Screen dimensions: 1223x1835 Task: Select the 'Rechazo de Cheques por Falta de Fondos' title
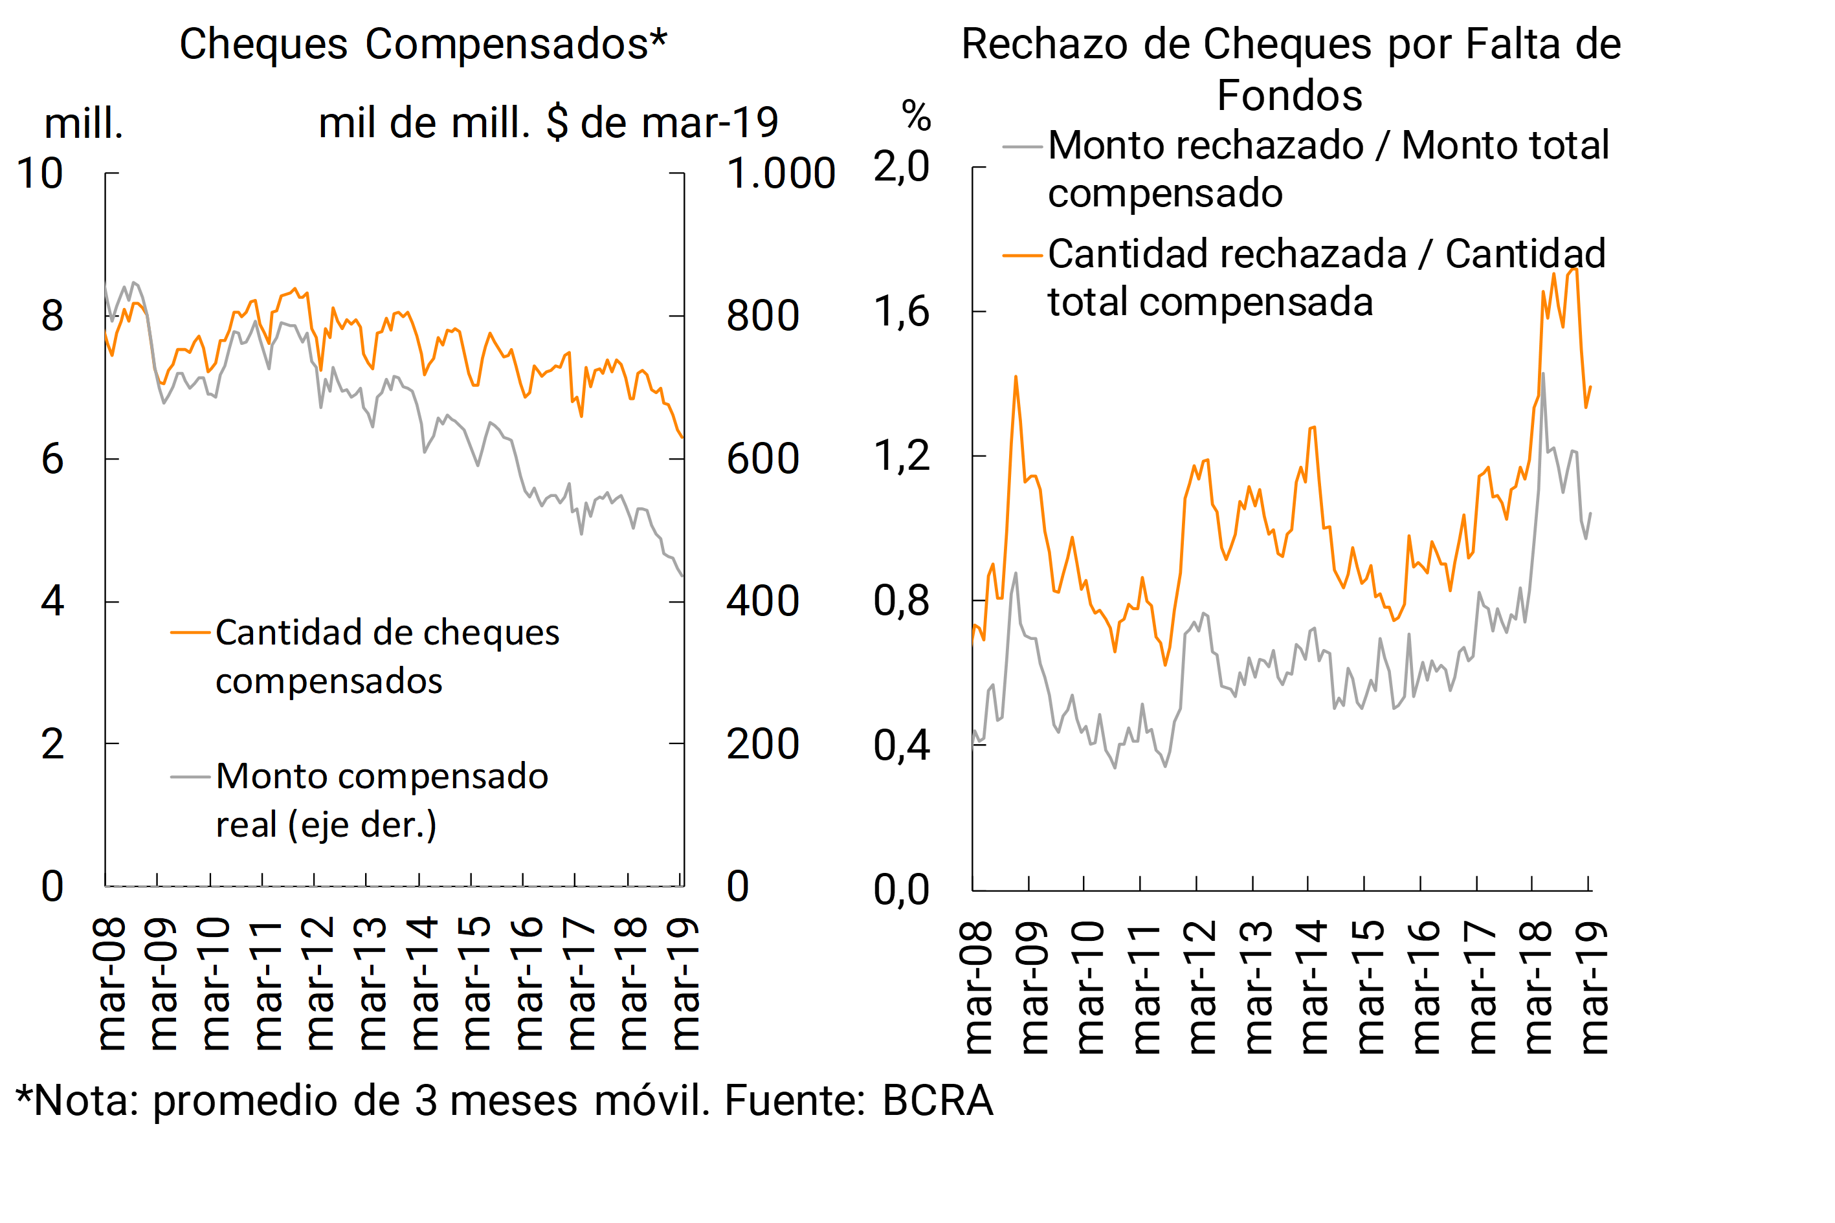coord(1291,69)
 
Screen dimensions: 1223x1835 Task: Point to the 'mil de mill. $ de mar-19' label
coord(548,123)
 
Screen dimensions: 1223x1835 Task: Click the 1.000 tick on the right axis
coord(780,173)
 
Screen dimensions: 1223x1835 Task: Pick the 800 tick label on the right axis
coord(762,316)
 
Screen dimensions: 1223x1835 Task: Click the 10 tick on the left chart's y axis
coord(39,173)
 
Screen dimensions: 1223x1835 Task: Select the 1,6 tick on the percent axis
coord(901,312)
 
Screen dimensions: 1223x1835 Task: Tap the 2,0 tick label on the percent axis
coord(901,167)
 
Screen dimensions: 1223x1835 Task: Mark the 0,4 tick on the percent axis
coord(901,745)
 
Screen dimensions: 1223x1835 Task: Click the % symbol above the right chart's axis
coord(916,116)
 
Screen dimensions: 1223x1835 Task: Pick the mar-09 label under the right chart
coord(1033,987)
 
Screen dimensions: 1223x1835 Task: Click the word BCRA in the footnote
coord(937,1101)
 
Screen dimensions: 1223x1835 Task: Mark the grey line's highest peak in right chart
coord(1542,375)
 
